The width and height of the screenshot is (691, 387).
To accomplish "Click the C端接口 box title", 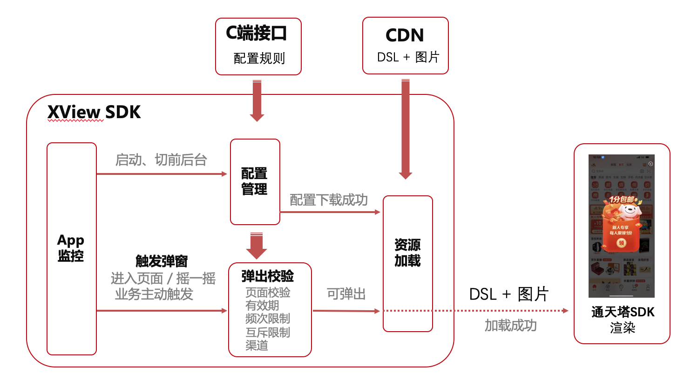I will point(257,33).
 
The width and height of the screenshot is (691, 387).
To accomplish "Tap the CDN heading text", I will point(405,35).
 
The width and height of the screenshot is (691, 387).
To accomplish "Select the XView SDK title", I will point(94,113).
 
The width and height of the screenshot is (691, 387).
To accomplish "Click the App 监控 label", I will point(71,248).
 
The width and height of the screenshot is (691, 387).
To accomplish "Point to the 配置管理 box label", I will point(254,181).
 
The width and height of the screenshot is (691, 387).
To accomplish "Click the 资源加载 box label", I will point(407,253).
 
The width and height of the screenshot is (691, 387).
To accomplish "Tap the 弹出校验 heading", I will point(267,276).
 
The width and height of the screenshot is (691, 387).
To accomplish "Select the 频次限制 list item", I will point(267,319).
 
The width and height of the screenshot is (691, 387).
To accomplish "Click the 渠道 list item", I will point(257,346).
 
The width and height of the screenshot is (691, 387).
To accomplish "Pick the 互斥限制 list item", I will point(267,332).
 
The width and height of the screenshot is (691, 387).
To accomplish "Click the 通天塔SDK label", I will point(623,312).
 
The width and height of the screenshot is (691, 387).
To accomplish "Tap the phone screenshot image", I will point(622,226).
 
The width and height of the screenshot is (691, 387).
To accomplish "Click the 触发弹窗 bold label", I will point(162,261).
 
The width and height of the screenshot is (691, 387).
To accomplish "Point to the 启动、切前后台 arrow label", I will point(161,160).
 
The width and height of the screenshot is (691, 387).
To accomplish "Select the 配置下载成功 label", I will point(329,200).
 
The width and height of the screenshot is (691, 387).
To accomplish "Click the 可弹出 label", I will point(346,294).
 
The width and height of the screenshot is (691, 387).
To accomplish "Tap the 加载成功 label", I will point(510,326).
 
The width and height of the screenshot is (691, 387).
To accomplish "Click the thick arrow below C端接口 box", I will point(257,100).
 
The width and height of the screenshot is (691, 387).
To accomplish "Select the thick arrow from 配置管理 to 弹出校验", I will point(256,246).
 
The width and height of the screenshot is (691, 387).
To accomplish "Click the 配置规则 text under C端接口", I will point(259,59).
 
